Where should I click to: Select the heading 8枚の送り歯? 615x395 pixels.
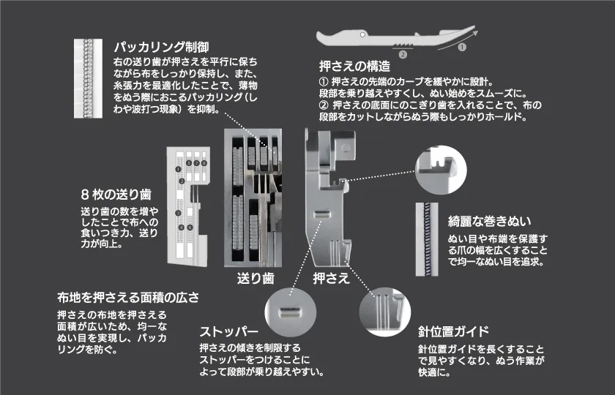tap(116, 195)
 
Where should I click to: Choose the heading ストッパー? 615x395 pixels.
tap(229, 329)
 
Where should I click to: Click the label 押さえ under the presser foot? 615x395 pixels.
tap(331, 279)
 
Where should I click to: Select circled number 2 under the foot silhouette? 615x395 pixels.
tap(402, 54)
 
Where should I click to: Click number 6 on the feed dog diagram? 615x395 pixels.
tap(190, 227)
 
